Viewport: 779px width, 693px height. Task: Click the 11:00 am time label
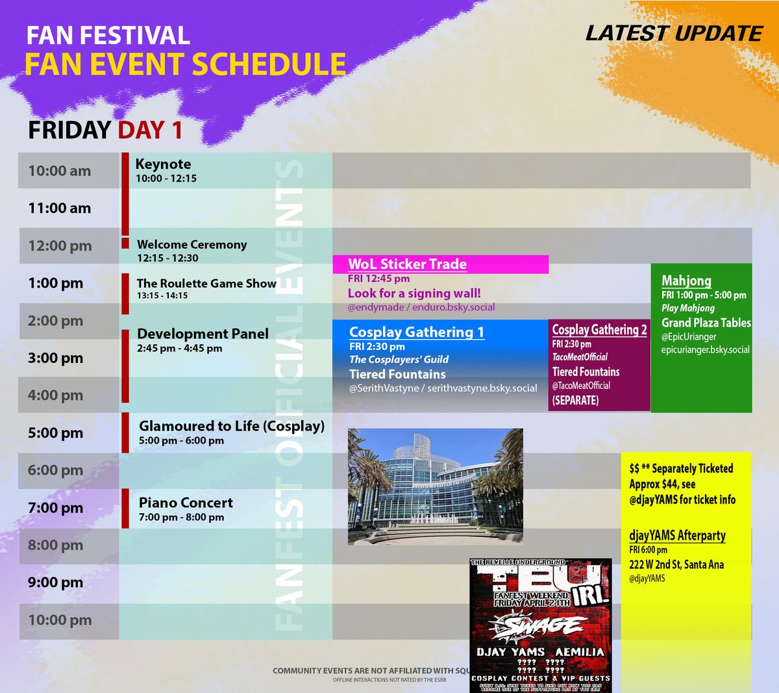click(x=59, y=208)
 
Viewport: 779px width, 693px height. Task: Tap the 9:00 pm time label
click(x=55, y=583)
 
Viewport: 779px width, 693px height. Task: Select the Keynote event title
click(x=163, y=164)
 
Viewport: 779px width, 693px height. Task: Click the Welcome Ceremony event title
click(x=192, y=245)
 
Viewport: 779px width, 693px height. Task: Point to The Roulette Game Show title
click(x=206, y=283)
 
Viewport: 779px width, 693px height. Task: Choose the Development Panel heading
click(x=203, y=334)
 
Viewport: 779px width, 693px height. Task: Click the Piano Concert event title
click(x=186, y=503)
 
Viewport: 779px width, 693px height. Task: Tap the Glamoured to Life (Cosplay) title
click(x=231, y=426)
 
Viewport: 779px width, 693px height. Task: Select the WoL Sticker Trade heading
click(x=407, y=264)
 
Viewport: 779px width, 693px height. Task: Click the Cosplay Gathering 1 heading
click(x=416, y=333)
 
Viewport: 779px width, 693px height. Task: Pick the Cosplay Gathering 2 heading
click(x=599, y=330)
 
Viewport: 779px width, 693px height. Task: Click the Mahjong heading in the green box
click(x=686, y=281)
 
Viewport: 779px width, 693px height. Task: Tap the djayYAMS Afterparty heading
click(x=677, y=536)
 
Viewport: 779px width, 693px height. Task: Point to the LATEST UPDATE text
click(x=674, y=34)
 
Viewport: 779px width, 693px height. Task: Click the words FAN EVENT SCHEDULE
click(x=185, y=64)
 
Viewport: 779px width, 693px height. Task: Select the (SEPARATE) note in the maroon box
click(x=575, y=400)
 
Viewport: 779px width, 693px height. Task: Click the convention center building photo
click(x=435, y=486)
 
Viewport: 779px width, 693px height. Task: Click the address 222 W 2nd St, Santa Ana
click(x=676, y=564)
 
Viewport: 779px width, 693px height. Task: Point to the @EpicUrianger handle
click(x=689, y=336)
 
